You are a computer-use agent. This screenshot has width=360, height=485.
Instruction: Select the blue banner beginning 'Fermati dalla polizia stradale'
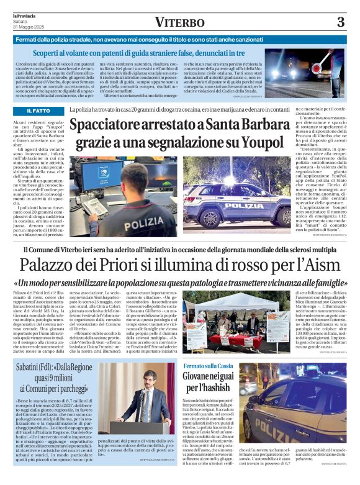[180, 39]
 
